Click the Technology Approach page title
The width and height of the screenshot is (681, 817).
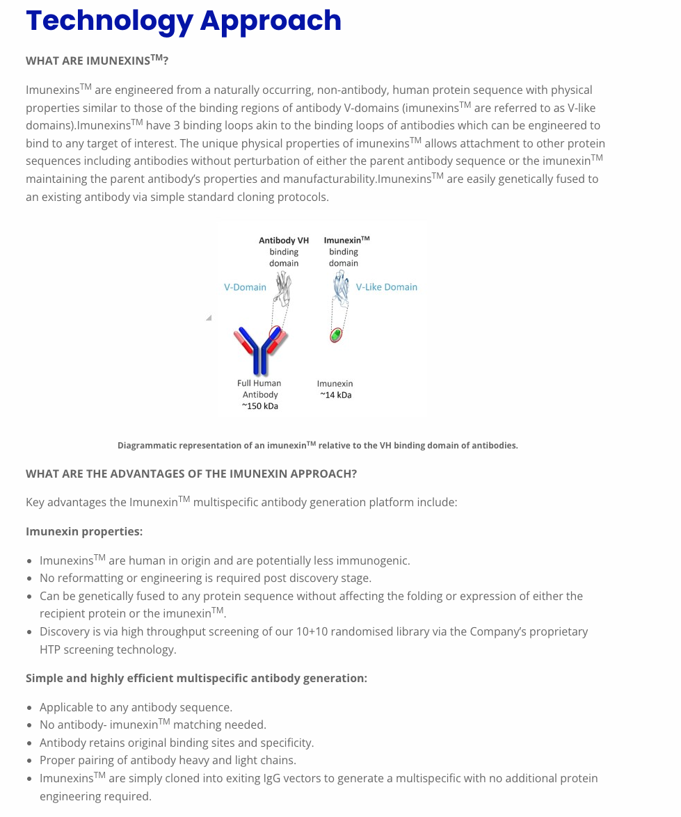pos(184,21)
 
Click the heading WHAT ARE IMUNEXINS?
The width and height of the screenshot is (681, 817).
pos(97,60)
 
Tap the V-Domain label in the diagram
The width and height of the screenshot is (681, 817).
pos(245,287)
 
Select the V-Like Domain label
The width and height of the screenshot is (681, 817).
pos(386,287)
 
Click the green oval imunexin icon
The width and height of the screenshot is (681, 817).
pos(337,335)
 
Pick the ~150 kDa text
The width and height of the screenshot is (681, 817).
pos(259,406)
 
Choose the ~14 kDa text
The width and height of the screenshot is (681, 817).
pos(335,395)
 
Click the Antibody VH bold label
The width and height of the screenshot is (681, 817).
pos(283,241)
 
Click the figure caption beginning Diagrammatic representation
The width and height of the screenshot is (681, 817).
pos(317,445)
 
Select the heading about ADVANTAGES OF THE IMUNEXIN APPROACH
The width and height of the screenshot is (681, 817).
pos(191,474)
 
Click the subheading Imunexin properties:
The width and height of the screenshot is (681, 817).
pos(84,531)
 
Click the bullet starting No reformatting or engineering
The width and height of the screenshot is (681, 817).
pos(205,578)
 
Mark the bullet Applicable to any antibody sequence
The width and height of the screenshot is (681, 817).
pos(136,707)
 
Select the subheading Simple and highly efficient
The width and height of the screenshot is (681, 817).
pos(196,678)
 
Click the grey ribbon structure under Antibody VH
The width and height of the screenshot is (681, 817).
pos(282,288)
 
